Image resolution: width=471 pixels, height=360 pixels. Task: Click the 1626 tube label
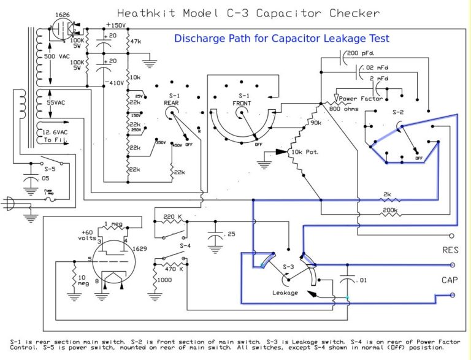pyautogui.click(x=61, y=13)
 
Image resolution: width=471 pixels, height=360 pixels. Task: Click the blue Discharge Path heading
pyautogui.click(x=281, y=38)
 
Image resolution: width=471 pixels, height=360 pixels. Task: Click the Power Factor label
pyautogui.click(x=361, y=98)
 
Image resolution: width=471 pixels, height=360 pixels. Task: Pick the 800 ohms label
pyautogui.click(x=344, y=109)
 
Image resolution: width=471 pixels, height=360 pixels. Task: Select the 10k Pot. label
pyautogui.click(x=304, y=151)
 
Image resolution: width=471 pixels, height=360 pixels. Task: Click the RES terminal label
pyautogui.click(x=450, y=250)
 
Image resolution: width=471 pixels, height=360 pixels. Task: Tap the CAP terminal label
pyautogui.click(x=450, y=280)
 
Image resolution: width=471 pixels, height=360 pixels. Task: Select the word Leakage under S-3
pyautogui.click(x=285, y=293)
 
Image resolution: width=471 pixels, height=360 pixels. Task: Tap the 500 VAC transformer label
pyautogui.click(x=58, y=56)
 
